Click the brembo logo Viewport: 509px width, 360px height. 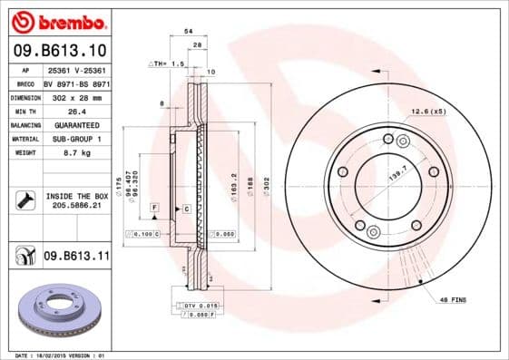pyautogui.click(x=56, y=21)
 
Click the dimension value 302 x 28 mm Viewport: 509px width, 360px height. pyautogui.click(x=75, y=95)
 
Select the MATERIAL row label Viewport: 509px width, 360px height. pyautogui.click(x=24, y=140)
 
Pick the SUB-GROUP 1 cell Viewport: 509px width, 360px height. pyautogui.click(x=75, y=140)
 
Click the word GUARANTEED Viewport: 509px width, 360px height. pyautogui.click(x=75, y=124)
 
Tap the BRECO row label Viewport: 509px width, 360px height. pyautogui.click(x=24, y=82)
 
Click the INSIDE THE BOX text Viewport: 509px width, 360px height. pyautogui.click(x=75, y=196)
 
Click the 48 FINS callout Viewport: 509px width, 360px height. pyautogui.click(x=454, y=298)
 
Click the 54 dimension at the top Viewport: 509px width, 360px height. pyautogui.click(x=189, y=32)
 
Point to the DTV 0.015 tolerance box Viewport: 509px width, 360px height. pyautogui.click(x=201, y=306)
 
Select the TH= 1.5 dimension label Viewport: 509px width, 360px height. pyautogui.click(x=167, y=64)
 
